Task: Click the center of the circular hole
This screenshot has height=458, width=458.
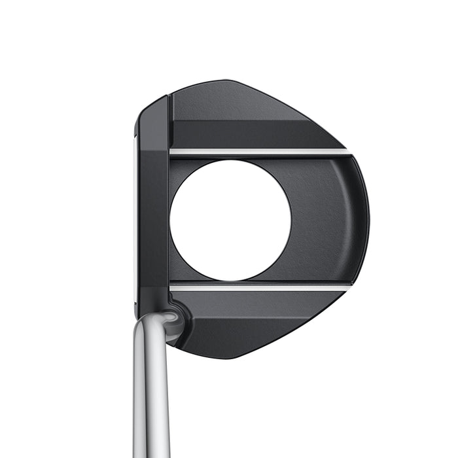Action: (230, 220)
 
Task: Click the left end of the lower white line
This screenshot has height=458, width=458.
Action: (173, 287)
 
